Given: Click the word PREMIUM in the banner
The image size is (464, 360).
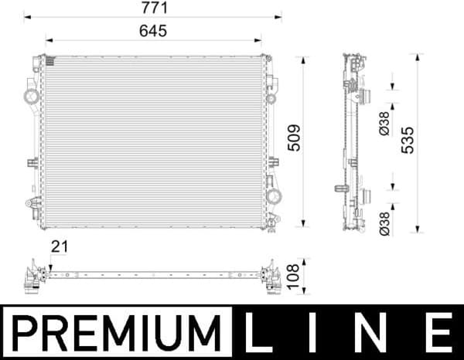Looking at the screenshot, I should (116, 333).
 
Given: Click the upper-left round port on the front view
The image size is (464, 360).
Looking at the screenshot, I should (32, 97).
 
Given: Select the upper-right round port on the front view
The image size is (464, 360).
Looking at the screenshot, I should (272, 98).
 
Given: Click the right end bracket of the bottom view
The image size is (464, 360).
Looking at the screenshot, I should (271, 277).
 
